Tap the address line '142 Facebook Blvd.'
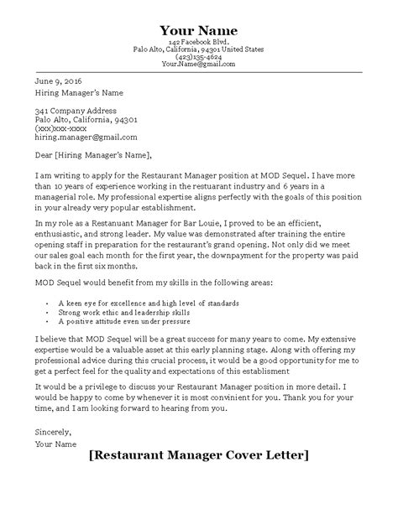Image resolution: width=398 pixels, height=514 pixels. [x=198, y=41]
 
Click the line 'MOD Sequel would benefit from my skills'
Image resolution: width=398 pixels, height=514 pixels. [x=153, y=283]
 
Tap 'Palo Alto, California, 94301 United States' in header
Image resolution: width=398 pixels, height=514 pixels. [x=198, y=49]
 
